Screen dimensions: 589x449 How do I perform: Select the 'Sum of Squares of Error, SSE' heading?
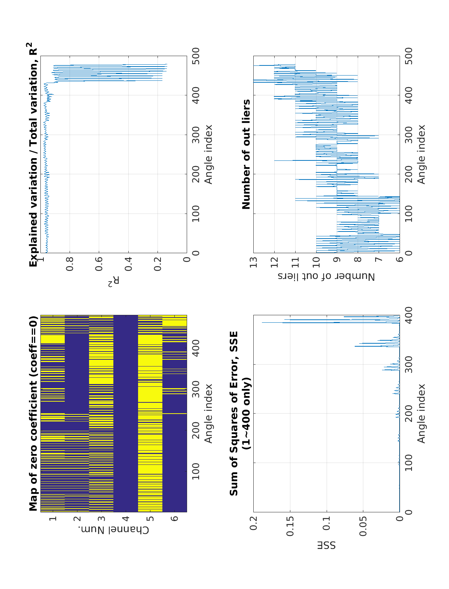coord(234,414)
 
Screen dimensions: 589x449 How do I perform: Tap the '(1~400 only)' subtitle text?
coord(246,414)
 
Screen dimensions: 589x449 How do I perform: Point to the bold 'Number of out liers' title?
coord(246,154)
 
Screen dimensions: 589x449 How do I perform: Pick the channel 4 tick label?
coord(126,519)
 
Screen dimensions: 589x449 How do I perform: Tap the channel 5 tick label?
coord(150,519)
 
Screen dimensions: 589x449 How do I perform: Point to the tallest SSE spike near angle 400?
coord(262,322)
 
